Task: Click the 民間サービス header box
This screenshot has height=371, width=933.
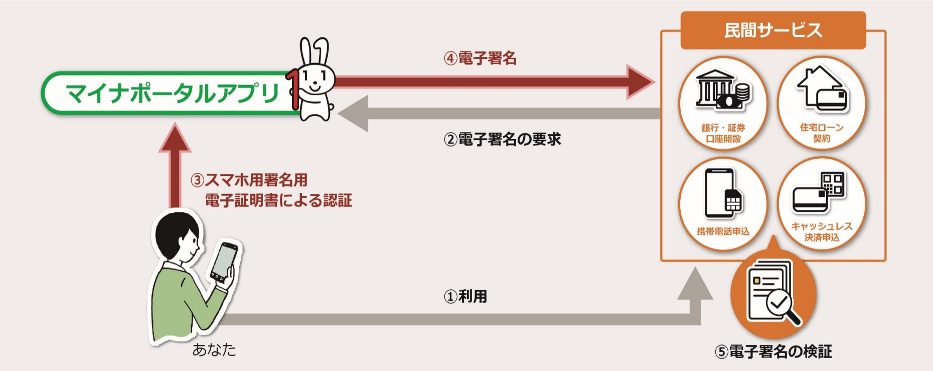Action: [773, 30]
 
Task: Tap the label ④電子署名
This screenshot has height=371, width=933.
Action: [480, 58]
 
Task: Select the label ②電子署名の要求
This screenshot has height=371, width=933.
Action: [502, 139]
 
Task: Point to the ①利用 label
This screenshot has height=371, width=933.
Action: [465, 296]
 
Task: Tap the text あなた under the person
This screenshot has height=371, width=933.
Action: [214, 350]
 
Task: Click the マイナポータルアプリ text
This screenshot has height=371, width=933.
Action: [172, 94]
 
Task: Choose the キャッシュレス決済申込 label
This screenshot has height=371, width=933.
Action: [822, 232]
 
